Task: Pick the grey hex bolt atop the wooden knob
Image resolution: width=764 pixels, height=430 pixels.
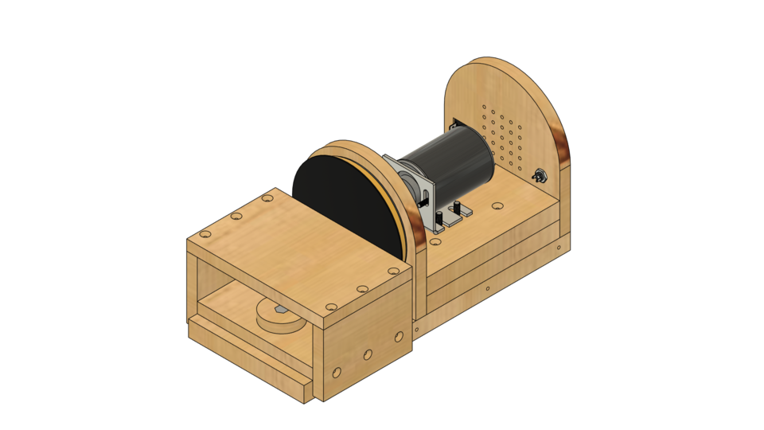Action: (x=281, y=308)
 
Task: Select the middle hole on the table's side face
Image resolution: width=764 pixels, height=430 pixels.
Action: (x=368, y=354)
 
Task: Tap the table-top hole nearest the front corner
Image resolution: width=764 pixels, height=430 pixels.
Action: (x=331, y=307)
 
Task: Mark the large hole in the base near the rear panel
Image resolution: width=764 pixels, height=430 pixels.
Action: (x=497, y=206)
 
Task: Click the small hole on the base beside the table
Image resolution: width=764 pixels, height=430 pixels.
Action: (x=415, y=329)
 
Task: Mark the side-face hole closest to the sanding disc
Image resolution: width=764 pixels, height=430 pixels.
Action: (x=399, y=337)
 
